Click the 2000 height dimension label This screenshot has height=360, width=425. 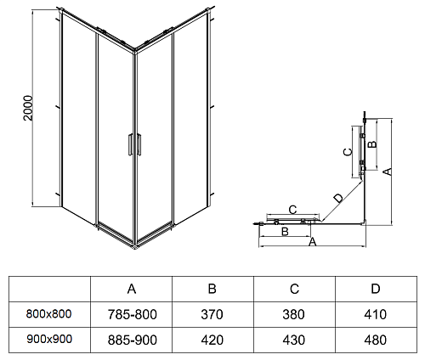(x=28, y=108)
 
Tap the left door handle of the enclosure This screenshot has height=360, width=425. (x=130, y=144)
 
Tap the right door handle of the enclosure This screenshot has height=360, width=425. (x=139, y=144)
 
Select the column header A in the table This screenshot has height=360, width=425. (x=132, y=289)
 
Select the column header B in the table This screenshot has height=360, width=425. (x=212, y=289)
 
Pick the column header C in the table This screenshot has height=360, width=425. (x=294, y=289)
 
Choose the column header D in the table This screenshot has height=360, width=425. (x=376, y=289)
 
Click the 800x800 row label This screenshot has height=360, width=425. (x=48, y=314)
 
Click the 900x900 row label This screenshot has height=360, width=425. (x=49, y=339)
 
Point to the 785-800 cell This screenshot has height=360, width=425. (x=132, y=314)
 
